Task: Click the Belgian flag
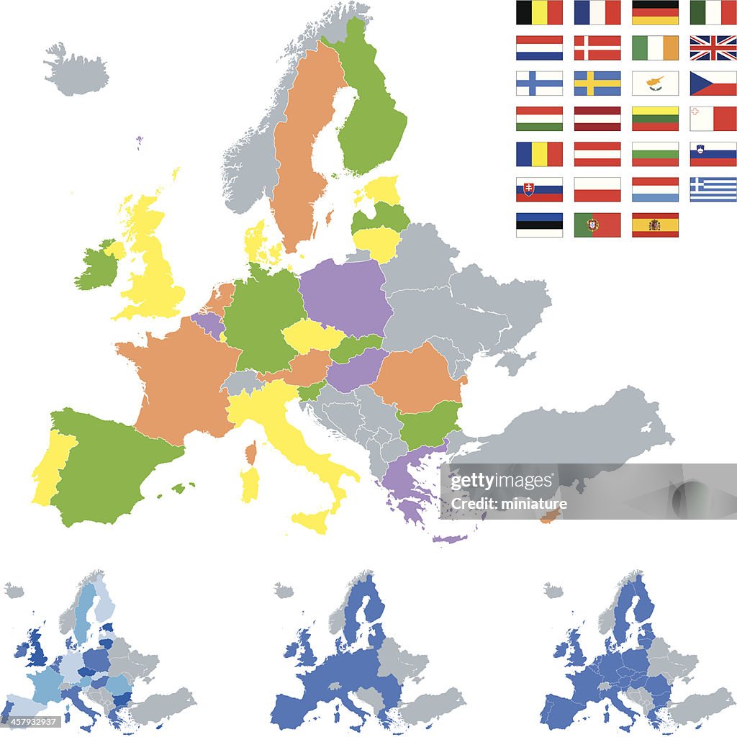tap(539, 12)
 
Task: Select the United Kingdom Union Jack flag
tap(713, 48)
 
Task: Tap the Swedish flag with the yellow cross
tap(597, 83)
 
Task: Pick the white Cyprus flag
tap(655, 83)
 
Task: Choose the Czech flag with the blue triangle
tap(713, 83)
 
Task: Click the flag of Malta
tap(713, 118)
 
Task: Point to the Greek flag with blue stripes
tap(713, 189)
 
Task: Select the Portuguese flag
tap(597, 225)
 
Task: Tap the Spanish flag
tap(655, 225)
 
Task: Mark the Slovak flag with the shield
tap(539, 189)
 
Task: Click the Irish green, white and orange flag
tap(655, 48)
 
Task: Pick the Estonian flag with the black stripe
tap(539, 225)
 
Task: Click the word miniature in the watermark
tap(536, 504)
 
